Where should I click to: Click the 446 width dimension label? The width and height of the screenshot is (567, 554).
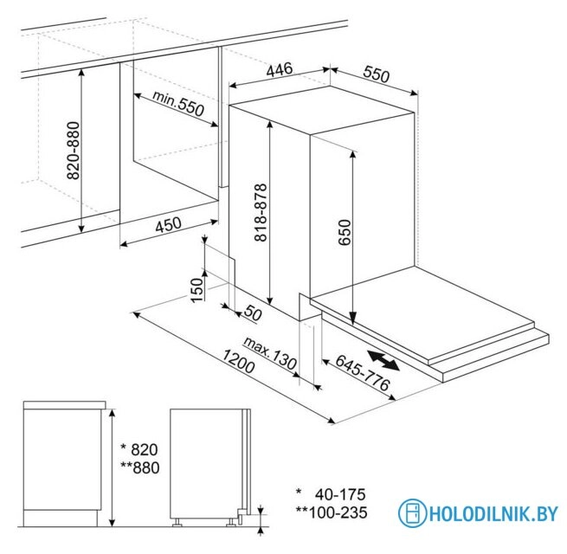click(x=279, y=69)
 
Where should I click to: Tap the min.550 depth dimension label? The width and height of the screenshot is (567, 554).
click(x=178, y=103)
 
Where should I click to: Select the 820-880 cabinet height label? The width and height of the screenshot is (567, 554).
click(x=74, y=151)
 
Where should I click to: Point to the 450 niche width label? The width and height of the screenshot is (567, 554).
click(x=168, y=224)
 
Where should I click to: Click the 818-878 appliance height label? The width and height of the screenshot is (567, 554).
click(x=261, y=212)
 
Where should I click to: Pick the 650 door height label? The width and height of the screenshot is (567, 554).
click(x=345, y=232)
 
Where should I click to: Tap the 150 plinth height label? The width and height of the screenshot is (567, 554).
click(x=197, y=290)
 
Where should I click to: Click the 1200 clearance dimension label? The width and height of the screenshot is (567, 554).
click(x=238, y=361)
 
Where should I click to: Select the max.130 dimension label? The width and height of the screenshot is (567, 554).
click(x=270, y=352)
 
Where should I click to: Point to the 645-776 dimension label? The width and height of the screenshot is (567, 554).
click(x=363, y=372)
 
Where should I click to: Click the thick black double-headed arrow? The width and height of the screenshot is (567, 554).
click(x=383, y=360)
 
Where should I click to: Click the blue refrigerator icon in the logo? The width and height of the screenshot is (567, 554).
click(x=413, y=513)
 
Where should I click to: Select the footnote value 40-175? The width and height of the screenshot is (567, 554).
click(x=340, y=494)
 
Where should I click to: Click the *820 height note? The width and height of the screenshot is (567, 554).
click(x=139, y=450)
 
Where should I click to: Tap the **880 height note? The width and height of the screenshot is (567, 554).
click(x=140, y=468)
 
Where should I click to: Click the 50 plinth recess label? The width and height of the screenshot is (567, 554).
click(x=253, y=312)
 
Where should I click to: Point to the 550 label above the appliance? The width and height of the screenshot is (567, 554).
click(x=377, y=74)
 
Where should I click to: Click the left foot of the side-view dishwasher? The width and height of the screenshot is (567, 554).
click(x=177, y=523)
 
